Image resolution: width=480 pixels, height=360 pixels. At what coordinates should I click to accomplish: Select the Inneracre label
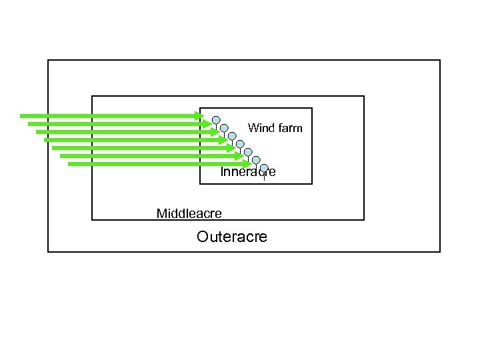(x=247, y=172)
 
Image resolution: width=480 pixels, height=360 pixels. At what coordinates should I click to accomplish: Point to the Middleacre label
(x=189, y=213)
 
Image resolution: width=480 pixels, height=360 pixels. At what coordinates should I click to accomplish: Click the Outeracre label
(x=232, y=237)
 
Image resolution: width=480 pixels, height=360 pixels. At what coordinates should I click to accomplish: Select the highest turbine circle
(x=216, y=120)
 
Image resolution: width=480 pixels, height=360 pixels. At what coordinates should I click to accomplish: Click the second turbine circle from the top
(x=224, y=128)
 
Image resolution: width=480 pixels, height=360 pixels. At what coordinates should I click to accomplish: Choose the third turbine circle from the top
(x=232, y=136)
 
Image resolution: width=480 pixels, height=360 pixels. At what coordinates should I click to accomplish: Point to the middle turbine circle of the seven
(x=240, y=144)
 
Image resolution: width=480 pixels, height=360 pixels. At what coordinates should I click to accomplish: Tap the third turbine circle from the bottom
(x=248, y=152)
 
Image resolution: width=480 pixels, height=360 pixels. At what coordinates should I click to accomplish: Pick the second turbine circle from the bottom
(x=256, y=160)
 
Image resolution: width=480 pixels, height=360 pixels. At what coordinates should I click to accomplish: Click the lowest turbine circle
(x=264, y=168)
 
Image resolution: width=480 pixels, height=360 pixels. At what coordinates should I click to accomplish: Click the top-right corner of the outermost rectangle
(x=440, y=60)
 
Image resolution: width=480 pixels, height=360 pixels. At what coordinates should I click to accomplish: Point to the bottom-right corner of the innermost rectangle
(x=312, y=183)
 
